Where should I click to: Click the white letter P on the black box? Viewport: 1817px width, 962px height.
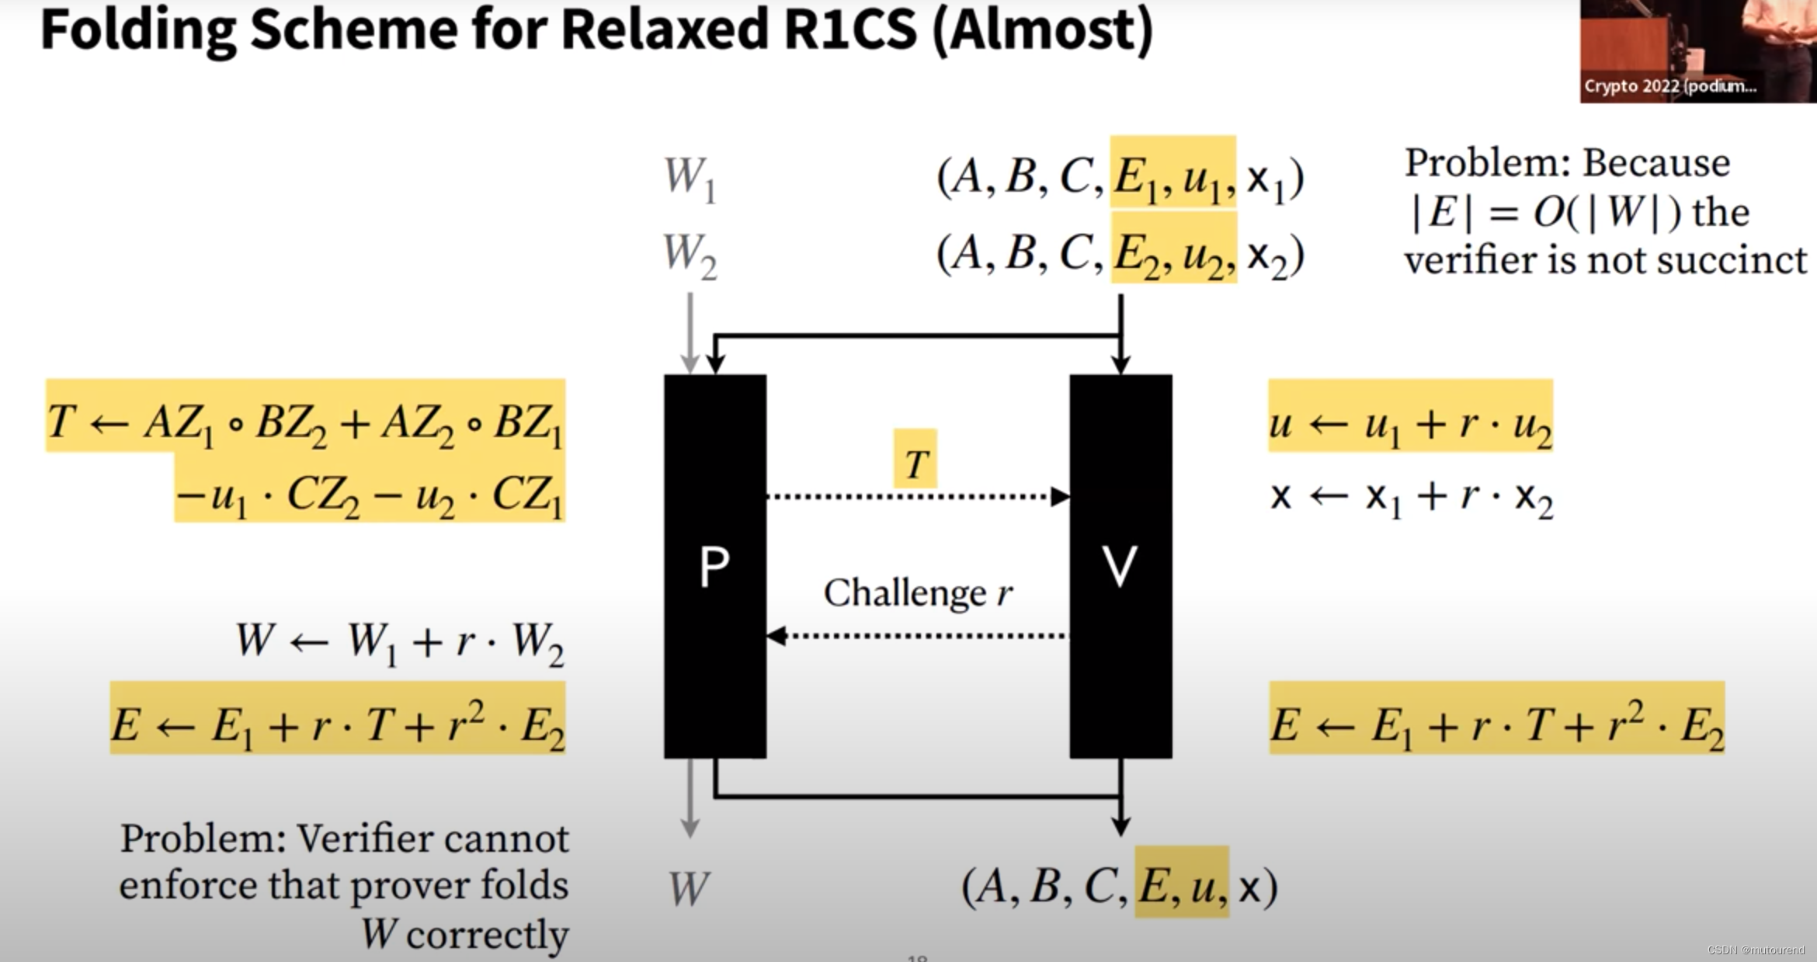(714, 567)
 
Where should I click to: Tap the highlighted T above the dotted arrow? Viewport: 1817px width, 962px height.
(915, 464)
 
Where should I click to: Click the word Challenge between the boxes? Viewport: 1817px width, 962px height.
(904, 594)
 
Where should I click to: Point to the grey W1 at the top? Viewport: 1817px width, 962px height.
(689, 178)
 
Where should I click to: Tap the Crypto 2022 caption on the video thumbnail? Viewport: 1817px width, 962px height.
(1669, 86)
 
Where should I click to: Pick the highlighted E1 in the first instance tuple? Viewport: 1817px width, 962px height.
(1135, 178)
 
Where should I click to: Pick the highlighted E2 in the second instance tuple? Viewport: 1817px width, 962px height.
(1135, 255)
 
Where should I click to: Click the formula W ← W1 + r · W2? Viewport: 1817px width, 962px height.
(399, 643)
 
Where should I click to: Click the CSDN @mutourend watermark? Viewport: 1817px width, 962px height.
(1756, 950)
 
